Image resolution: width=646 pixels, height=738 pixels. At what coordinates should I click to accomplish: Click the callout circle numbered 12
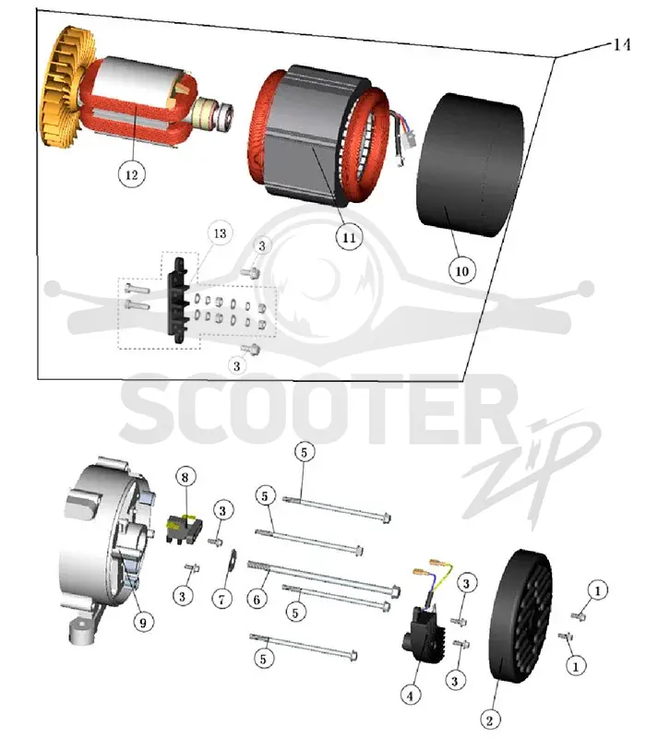(x=131, y=174)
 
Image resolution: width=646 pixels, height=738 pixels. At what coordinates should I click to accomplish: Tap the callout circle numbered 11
(x=349, y=237)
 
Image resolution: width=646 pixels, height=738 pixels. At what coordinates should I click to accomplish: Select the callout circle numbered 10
(x=462, y=270)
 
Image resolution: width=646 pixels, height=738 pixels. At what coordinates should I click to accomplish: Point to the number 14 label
(x=621, y=44)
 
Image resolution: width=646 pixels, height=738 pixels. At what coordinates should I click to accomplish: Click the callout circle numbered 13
(x=220, y=233)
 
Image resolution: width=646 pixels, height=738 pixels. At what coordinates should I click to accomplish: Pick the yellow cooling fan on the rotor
(x=66, y=87)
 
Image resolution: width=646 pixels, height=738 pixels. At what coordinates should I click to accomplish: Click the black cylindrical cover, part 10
(x=471, y=165)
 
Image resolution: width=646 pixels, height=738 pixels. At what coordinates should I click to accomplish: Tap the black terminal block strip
(x=178, y=301)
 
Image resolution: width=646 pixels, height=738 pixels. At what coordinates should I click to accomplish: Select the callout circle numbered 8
(x=185, y=477)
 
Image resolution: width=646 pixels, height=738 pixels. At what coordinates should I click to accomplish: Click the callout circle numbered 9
(x=143, y=622)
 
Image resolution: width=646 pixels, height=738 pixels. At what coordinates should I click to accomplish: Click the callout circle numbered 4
(x=410, y=695)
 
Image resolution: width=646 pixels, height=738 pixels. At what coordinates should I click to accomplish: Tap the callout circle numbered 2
(x=489, y=720)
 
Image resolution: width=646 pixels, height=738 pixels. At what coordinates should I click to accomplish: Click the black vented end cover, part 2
(x=520, y=616)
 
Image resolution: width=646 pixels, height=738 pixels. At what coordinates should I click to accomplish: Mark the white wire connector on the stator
(x=410, y=139)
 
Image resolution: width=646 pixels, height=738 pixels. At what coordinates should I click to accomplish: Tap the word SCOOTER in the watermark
(x=311, y=408)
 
